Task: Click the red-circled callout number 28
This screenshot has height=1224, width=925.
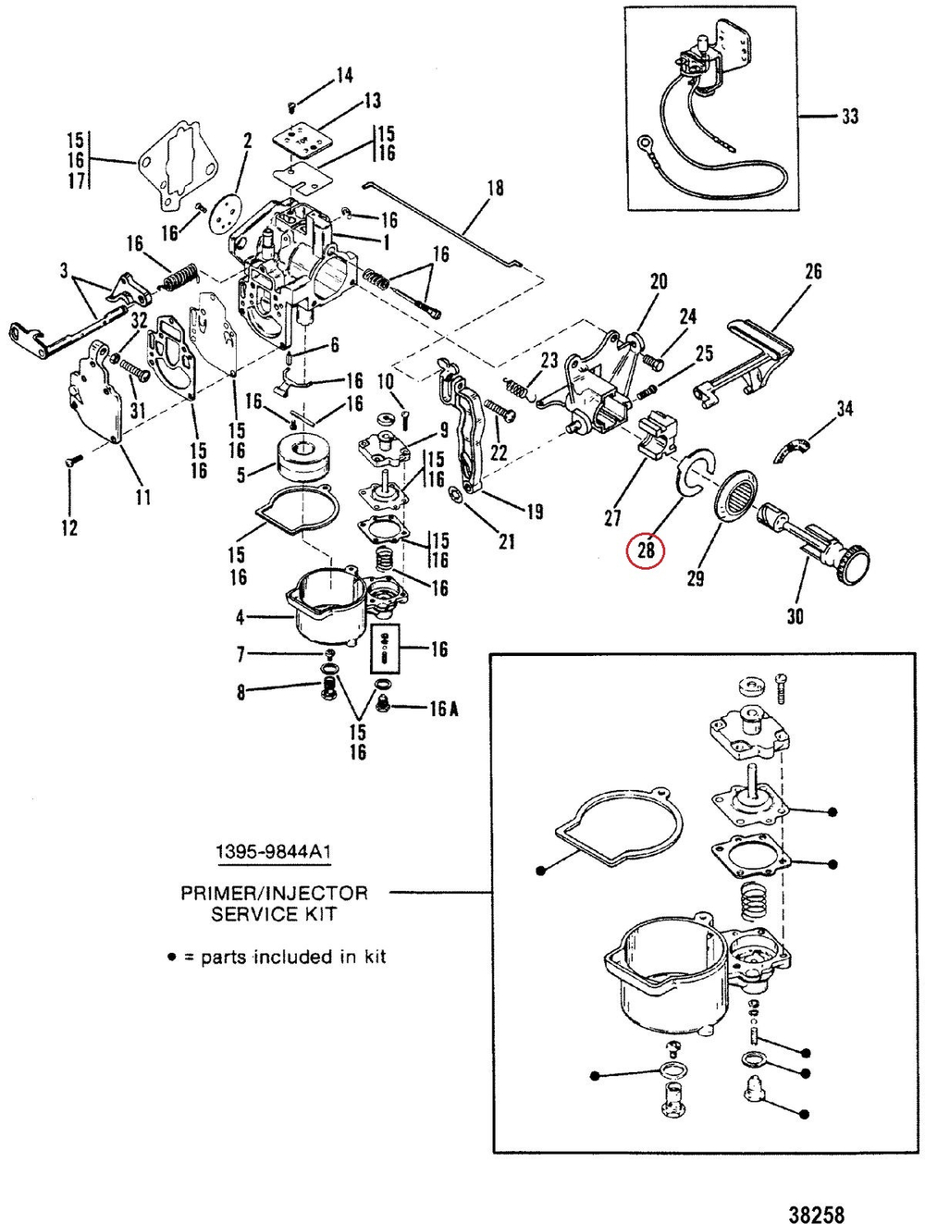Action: point(645,550)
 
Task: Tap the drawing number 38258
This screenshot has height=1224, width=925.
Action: point(817,1212)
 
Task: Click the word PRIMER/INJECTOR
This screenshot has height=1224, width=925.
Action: point(274,894)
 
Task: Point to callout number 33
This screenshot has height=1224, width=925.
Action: point(848,117)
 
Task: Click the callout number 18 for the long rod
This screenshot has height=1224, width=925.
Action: point(495,188)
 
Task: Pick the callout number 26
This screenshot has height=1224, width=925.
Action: point(812,271)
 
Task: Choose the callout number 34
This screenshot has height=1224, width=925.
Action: point(844,408)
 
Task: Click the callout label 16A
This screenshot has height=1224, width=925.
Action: point(443,709)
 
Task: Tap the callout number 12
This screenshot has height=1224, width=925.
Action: point(69,527)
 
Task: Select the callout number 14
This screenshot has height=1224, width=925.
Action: point(343,75)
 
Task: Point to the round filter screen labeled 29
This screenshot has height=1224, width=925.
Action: point(737,488)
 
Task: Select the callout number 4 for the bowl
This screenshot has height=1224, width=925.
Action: point(240,616)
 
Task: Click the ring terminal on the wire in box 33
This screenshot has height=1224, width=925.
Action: point(645,144)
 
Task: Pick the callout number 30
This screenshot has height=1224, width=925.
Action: point(795,615)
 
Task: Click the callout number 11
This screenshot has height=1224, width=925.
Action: point(142,498)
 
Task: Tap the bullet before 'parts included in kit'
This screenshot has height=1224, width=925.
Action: point(171,958)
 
